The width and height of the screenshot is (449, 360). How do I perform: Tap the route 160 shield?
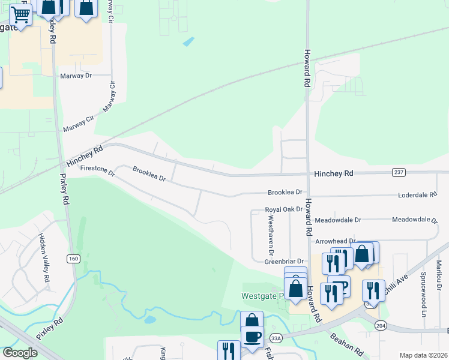(73, 259)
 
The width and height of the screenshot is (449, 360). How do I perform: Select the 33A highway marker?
(276, 338)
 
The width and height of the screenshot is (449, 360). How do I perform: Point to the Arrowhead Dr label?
(336, 241)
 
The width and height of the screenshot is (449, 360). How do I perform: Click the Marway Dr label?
(76, 76)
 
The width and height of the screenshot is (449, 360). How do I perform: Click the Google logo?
(20, 353)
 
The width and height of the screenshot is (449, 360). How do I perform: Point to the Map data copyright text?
(423, 355)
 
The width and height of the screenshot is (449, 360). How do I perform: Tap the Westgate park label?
(262, 296)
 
